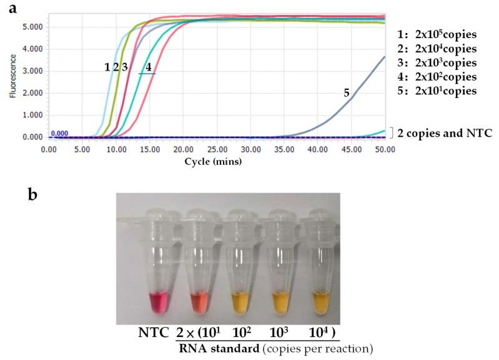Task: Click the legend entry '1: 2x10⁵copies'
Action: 438,34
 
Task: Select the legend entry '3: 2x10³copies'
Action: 438,63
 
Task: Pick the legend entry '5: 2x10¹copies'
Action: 438,91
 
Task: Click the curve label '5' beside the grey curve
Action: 346,92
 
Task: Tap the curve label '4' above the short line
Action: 148,66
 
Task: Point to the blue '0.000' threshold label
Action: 59,133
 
